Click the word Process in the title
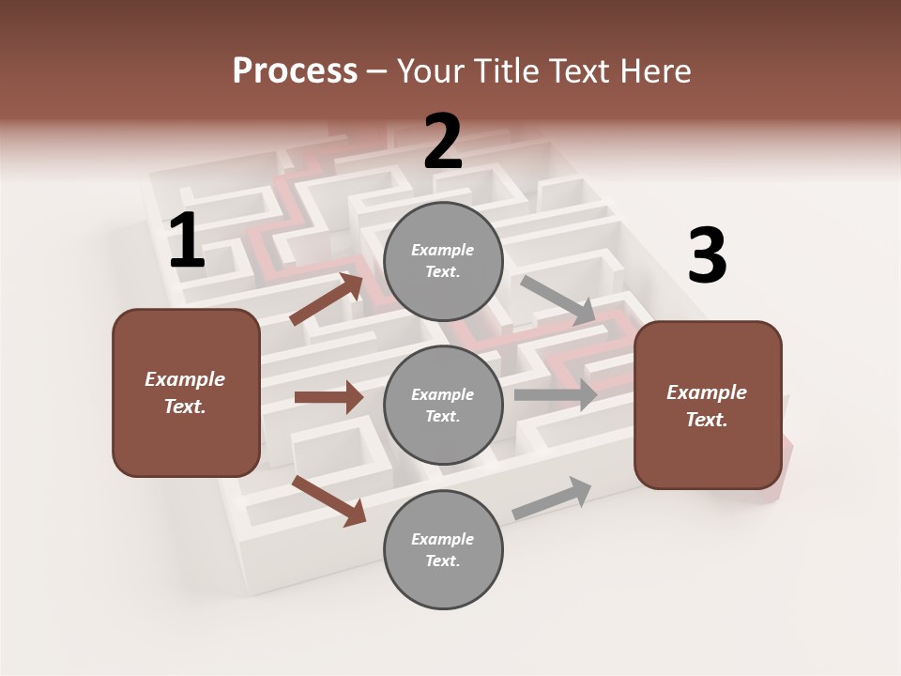coord(295,71)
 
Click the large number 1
coord(187,242)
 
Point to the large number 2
coord(443,142)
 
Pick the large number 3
coord(707,257)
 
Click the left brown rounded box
coord(186,392)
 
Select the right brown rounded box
coord(708,406)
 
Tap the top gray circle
coord(443,261)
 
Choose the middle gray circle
coord(443,405)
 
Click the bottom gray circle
coord(443,549)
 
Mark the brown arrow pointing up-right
coord(327,300)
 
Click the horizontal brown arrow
coord(328,397)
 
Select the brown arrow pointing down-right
coord(328,499)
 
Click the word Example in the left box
coord(185,379)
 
